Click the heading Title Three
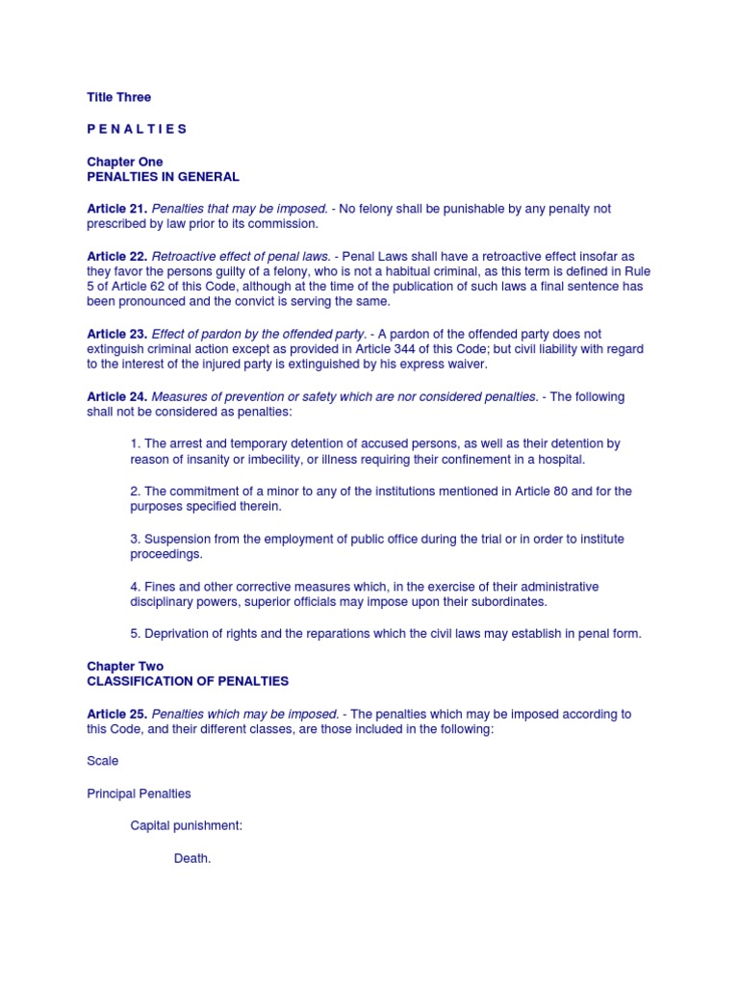pos(118,97)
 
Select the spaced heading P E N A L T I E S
pos(137,129)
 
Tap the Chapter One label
pos(124,162)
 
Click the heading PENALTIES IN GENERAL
pos(163,177)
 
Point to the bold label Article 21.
pos(117,209)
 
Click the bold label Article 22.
pos(117,256)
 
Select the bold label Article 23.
pos(117,334)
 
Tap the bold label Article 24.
pos(117,396)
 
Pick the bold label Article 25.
pos(117,714)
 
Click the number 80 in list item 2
pos(568,492)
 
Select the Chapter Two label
pos(125,666)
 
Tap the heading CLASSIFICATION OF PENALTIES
pos(188,681)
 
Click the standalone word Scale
pos(103,761)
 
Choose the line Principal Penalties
pos(139,794)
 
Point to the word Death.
pos(191,858)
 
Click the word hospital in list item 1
pos(560,460)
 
